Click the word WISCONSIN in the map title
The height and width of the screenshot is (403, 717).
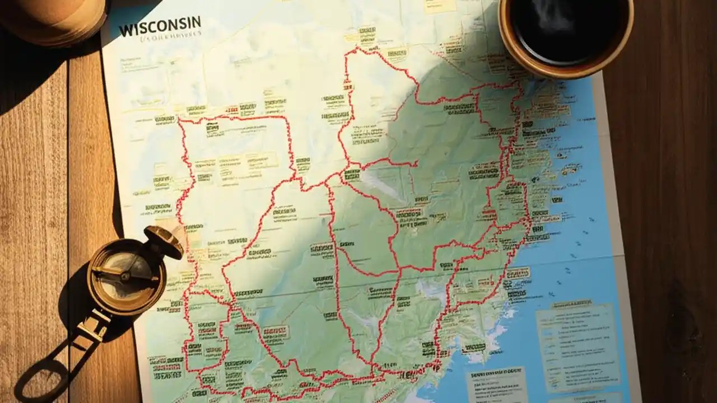[x=160, y=26]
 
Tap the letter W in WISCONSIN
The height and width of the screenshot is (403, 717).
[x=125, y=29]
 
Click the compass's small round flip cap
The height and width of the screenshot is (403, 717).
[x=163, y=241]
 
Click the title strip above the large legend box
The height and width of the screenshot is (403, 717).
[x=571, y=306]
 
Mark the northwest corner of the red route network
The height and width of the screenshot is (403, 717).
[x=180, y=119]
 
